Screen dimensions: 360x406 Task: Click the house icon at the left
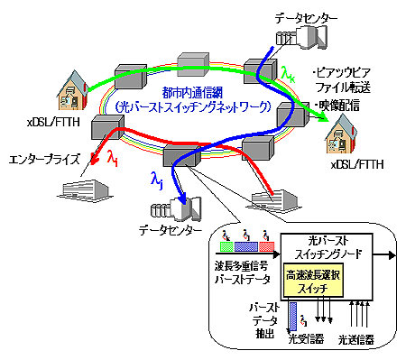pos(74,86)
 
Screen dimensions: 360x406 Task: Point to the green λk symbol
pos(288,72)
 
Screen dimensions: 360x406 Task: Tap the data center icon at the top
pos(311,37)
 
